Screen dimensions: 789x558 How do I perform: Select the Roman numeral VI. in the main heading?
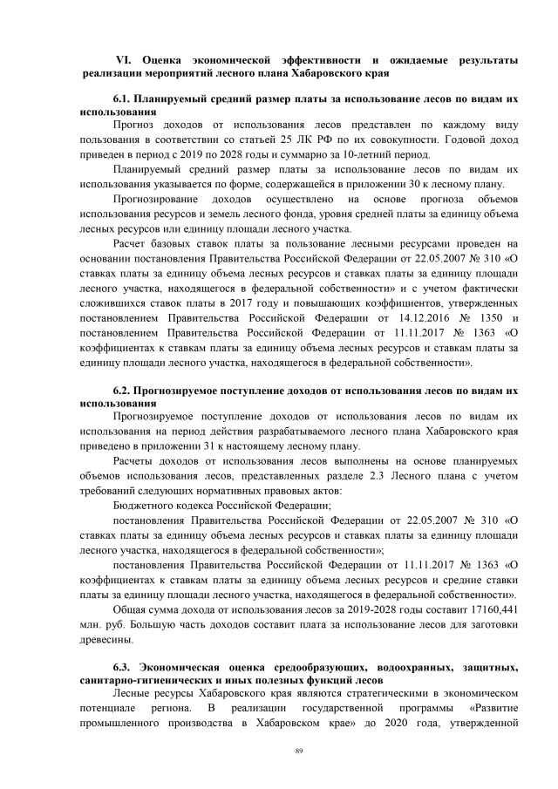122,59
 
